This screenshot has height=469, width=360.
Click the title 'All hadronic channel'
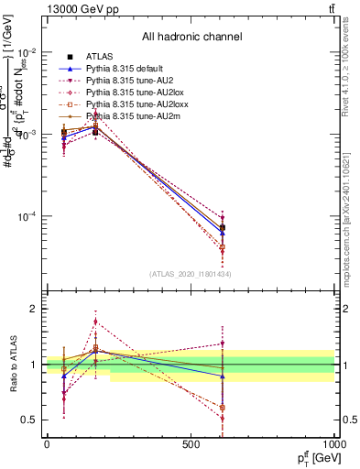click(191, 37)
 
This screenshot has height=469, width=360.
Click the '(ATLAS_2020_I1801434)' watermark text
click(191, 274)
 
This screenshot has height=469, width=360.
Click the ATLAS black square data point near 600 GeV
click(222, 227)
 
